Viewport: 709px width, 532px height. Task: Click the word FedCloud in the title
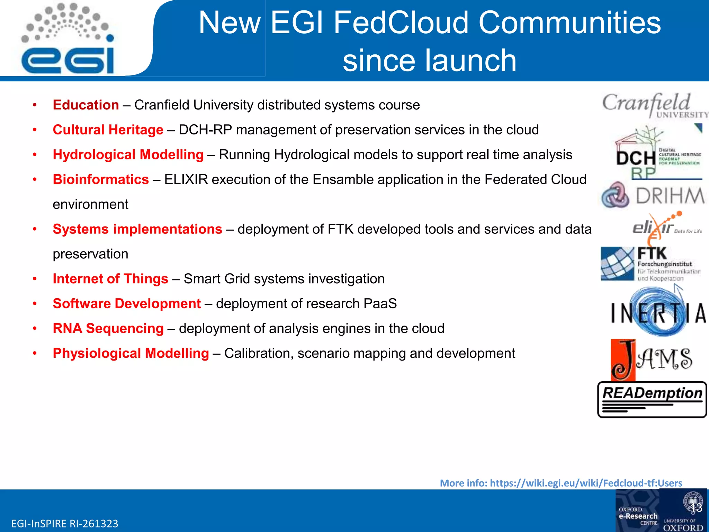[x=401, y=23]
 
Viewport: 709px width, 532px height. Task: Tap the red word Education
[x=86, y=105]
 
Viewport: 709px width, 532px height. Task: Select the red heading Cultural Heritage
[x=108, y=130]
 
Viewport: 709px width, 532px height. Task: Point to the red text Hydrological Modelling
[x=128, y=155]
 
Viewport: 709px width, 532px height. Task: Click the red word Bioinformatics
[x=101, y=179]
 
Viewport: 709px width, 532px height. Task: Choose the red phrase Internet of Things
[x=110, y=279]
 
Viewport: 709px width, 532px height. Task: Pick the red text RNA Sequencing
[x=108, y=328]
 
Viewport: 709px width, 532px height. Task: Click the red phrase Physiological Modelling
[x=131, y=353]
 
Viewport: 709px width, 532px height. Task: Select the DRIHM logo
[x=653, y=195]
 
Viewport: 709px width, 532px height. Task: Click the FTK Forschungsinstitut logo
[x=651, y=264]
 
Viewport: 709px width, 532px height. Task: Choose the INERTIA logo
[x=658, y=312]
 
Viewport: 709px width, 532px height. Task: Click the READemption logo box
[x=652, y=399]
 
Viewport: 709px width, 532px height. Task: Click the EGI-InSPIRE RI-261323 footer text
[x=65, y=523]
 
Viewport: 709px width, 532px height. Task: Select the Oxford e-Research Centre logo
[x=638, y=515]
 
